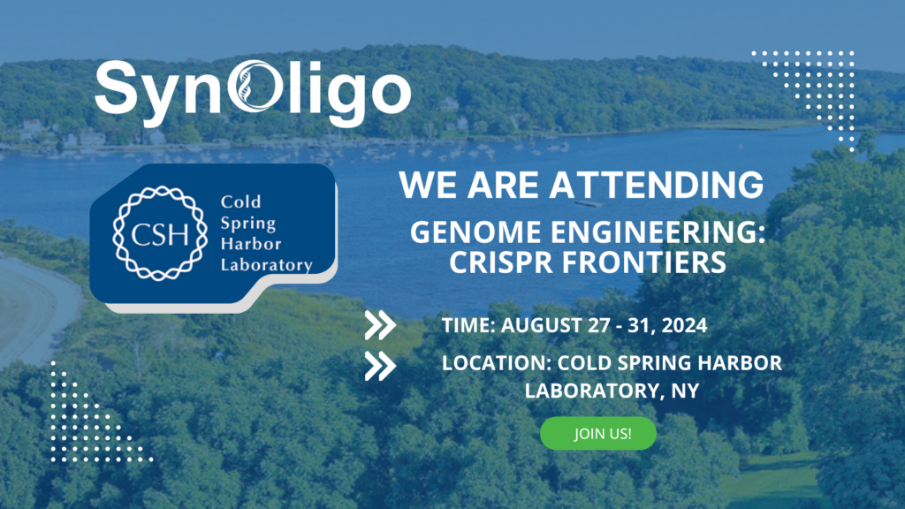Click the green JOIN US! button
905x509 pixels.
click(598, 434)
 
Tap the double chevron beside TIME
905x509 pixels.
click(380, 325)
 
